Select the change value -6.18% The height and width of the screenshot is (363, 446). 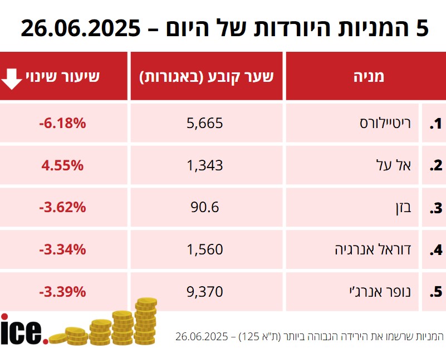tap(63, 123)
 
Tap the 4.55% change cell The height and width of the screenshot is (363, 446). tap(63, 165)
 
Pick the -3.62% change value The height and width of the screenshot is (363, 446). tap(63, 208)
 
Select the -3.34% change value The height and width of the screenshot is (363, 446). tap(63, 250)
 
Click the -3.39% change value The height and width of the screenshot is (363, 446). tap(63, 292)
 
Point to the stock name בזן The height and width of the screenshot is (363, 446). tap(402, 208)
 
